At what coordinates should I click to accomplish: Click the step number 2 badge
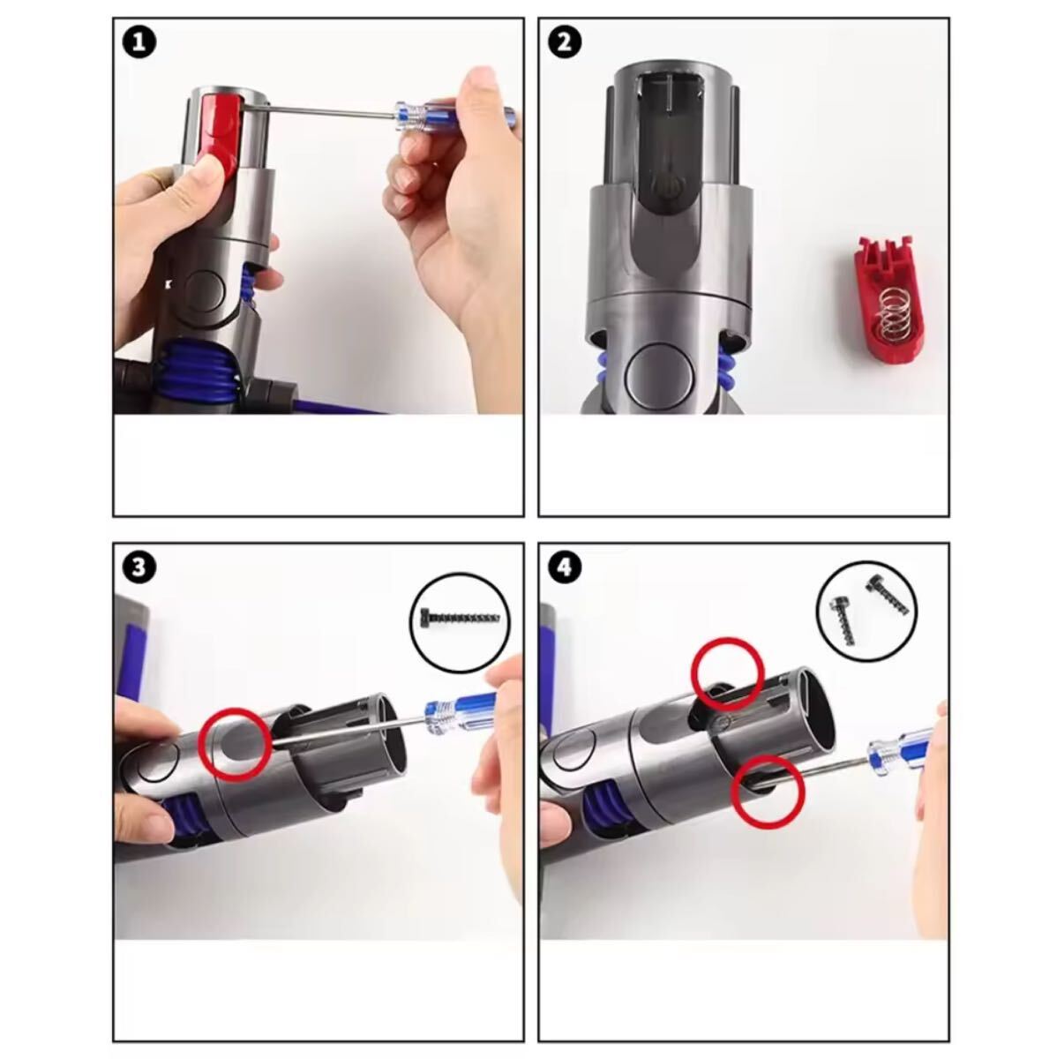pos(565,43)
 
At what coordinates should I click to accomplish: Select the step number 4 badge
pos(565,567)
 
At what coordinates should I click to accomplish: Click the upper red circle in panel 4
pos(727,673)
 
